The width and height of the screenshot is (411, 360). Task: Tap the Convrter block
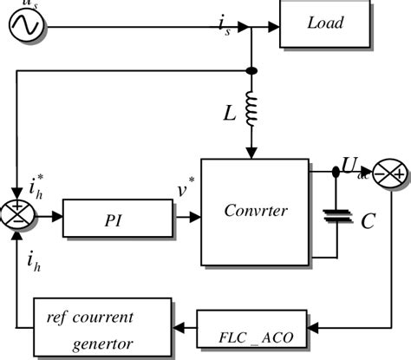254,208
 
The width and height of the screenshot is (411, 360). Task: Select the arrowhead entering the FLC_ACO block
313,326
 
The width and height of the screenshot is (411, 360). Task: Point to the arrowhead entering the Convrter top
251,154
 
